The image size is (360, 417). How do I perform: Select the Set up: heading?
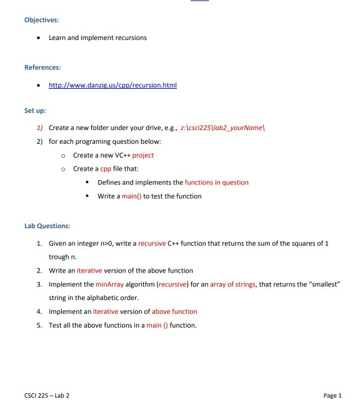point(35,111)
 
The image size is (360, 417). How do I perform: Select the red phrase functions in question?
point(216,183)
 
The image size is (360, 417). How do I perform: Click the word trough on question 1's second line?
point(59,256)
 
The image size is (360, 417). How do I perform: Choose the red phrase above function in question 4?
point(174,311)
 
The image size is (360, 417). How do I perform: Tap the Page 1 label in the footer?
point(332,395)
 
